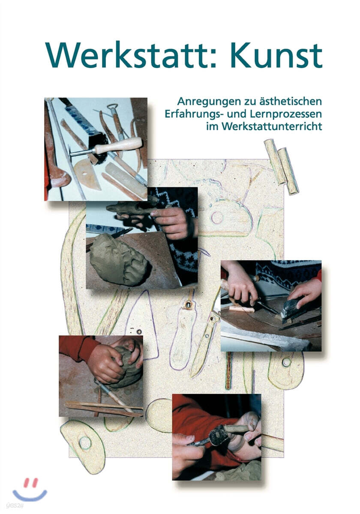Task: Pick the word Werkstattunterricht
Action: click(x=264, y=127)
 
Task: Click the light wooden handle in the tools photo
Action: click(x=118, y=146)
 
